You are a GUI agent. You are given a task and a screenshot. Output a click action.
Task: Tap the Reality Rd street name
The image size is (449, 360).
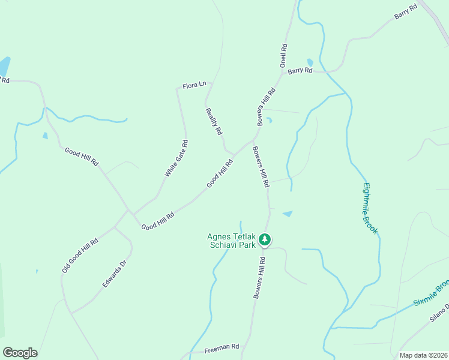(x=214, y=121)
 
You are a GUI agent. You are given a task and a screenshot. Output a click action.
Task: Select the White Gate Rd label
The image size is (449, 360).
(x=176, y=158)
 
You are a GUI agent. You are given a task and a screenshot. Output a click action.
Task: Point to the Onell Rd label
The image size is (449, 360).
(x=283, y=55)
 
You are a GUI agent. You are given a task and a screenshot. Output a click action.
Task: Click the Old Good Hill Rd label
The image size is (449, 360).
(x=80, y=255)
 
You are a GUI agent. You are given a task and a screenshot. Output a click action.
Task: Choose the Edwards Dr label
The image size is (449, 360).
(x=115, y=274)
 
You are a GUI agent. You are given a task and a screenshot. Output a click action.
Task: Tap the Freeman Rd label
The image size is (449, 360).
(x=221, y=347)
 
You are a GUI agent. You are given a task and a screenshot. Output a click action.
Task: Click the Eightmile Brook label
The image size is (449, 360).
(x=371, y=208)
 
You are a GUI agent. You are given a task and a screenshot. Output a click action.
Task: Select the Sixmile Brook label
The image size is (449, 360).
(x=432, y=293)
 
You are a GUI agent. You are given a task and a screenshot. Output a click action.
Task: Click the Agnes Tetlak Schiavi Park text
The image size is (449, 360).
(x=231, y=241)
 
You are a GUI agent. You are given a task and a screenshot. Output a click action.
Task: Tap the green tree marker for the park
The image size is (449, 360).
(x=265, y=240)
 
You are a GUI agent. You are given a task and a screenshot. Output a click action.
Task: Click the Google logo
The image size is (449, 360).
(x=20, y=353)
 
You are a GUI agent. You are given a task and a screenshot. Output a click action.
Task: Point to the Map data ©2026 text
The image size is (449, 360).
(x=423, y=355)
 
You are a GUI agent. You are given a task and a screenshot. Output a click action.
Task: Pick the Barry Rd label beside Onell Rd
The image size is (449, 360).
(x=300, y=71)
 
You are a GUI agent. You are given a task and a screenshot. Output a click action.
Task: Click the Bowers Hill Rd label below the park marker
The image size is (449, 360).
(x=259, y=278)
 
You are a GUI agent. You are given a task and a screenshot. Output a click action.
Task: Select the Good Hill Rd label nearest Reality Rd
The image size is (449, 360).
(x=220, y=173)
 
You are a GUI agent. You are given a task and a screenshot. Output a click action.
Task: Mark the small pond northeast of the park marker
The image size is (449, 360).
(x=288, y=214)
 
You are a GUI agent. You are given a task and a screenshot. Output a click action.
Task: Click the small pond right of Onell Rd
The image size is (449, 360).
(x=310, y=62)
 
